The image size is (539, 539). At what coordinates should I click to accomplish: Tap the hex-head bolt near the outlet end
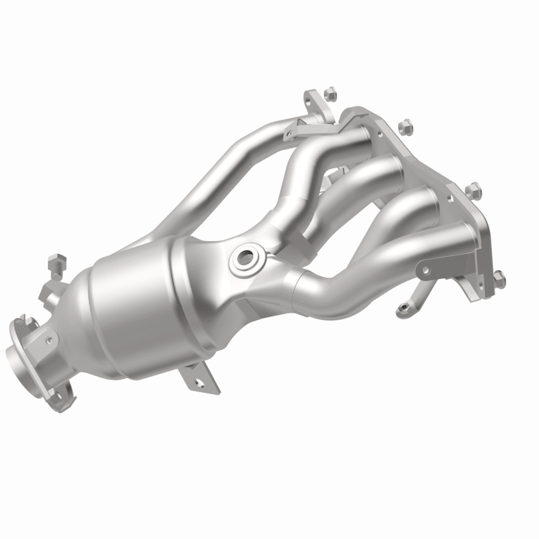tap(57, 259)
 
